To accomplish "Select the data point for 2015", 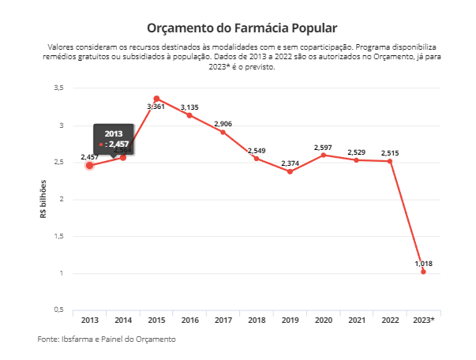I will click(x=156, y=99).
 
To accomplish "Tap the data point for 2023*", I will click(x=424, y=272).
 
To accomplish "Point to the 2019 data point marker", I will click(x=290, y=171).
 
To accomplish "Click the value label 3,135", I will click(x=189, y=107).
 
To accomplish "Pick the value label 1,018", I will click(x=424, y=264).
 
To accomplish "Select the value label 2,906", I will click(x=223, y=124).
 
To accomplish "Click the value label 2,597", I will click(x=323, y=147).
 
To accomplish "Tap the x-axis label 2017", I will click(x=223, y=321).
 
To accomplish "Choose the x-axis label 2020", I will click(x=323, y=321).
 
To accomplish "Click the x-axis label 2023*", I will click(x=424, y=321).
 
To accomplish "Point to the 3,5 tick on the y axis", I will click(x=58, y=88).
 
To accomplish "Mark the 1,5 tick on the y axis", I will click(x=58, y=236).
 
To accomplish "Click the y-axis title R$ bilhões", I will click(x=43, y=199).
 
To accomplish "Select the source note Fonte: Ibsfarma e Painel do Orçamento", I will click(x=106, y=339).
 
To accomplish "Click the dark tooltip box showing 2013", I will click(x=113, y=139).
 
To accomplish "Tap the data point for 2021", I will click(x=357, y=160).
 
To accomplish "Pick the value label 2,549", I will click(x=257, y=151).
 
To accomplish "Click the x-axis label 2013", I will click(x=89, y=321).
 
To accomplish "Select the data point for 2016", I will click(x=189, y=115).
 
